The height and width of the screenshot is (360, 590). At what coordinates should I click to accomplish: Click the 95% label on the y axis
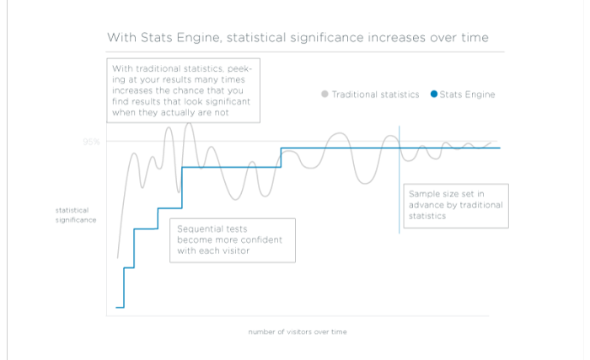[x=91, y=142]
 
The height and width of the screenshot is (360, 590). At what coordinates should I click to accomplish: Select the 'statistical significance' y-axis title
[x=76, y=214]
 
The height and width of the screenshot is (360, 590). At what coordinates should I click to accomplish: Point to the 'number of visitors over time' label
[x=297, y=331]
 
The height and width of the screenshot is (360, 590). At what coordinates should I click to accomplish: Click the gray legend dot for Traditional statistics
[x=324, y=94]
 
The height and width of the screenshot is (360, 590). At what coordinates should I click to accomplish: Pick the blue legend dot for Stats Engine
[x=434, y=94]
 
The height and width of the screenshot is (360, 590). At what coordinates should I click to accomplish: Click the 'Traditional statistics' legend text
[x=375, y=94]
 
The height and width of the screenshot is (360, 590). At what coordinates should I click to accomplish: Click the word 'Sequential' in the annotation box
[x=199, y=228]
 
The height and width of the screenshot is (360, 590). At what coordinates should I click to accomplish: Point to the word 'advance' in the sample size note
[x=426, y=205]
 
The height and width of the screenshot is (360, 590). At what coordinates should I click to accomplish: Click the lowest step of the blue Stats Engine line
[x=120, y=308]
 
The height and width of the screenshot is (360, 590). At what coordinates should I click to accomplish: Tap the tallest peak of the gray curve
[x=189, y=124]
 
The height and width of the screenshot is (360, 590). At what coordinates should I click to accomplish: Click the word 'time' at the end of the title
[x=473, y=38]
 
